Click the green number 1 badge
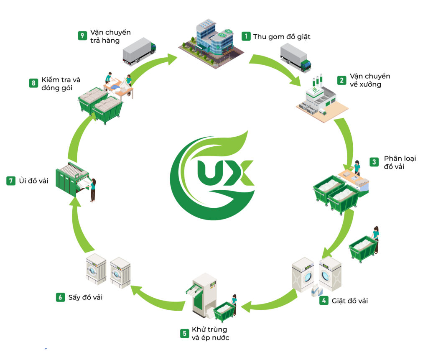click(x=246, y=36)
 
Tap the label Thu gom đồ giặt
click(x=282, y=36)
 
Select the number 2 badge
click(x=342, y=80)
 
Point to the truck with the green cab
click(x=296, y=57)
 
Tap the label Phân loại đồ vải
click(x=400, y=162)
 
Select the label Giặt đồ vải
click(x=350, y=300)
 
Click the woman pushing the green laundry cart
click(x=376, y=239)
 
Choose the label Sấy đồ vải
click(x=85, y=297)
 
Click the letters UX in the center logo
click(x=226, y=172)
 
